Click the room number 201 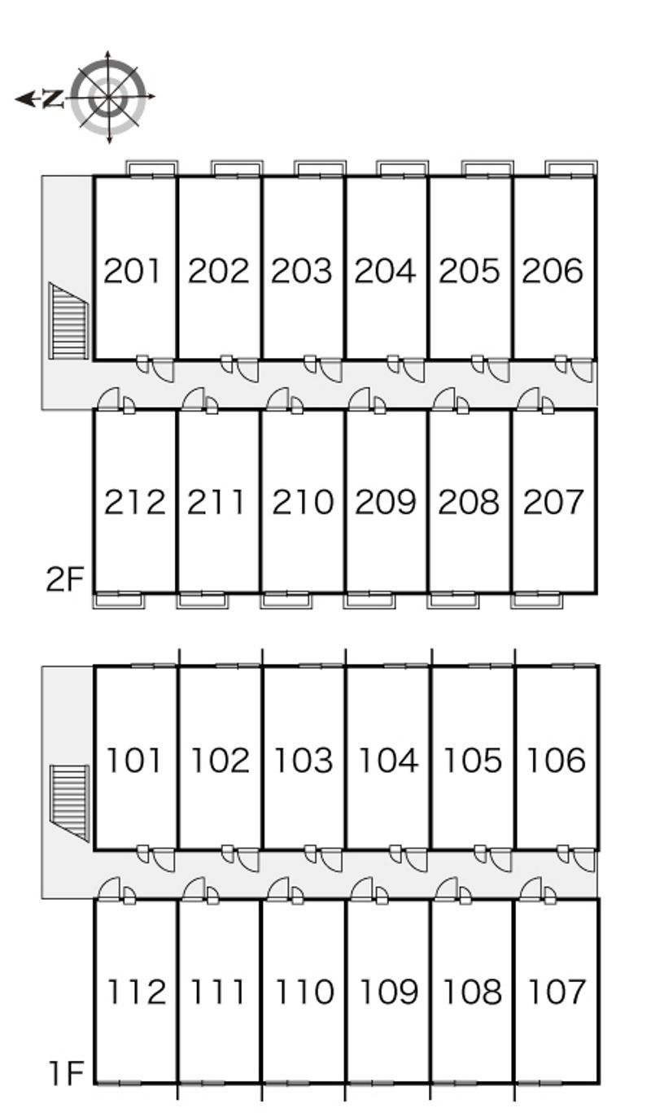pyautogui.click(x=133, y=270)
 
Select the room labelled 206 pyautogui.click(x=553, y=270)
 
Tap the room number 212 pyautogui.click(x=134, y=502)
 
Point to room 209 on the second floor pyautogui.click(x=386, y=502)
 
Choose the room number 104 pyautogui.click(x=388, y=760)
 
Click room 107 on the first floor pyautogui.click(x=557, y=992)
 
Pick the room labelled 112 pyautogui.click(x=136, y=992)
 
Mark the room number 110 pyautogui.click(x=304, y=992)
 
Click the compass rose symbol pyautogui.click(x=108, y=97)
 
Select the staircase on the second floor pyautogui.click(x=68, y=321)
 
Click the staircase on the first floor pyautogui.click(x=68, y=801)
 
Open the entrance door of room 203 pyautogui.click(x=330, y=370)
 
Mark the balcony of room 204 pyautogui.click(x=402, y=168)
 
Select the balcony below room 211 pyautogui.click(x=202, y=600)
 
